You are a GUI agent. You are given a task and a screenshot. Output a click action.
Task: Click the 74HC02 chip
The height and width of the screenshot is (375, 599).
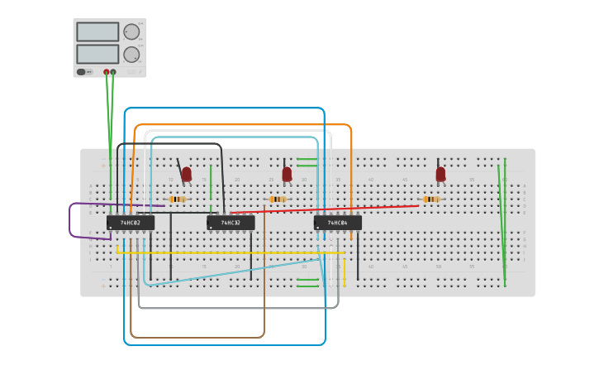(130, 223)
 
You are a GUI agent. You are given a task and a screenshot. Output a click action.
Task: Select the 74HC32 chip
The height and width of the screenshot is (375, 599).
(231, 223)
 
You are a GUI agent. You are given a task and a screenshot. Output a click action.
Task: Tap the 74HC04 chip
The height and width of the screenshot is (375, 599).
(337, 223)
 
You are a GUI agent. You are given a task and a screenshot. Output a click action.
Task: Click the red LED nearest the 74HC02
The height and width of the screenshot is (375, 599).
(187, 174)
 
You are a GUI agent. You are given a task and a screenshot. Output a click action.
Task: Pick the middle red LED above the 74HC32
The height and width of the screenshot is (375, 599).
(287, 174)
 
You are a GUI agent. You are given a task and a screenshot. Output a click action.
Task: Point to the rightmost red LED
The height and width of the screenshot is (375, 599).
(440, 174)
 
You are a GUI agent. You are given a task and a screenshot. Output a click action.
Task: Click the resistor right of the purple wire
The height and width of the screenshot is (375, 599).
(178, 200)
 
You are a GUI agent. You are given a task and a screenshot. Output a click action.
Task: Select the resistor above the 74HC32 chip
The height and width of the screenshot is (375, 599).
(278, 200)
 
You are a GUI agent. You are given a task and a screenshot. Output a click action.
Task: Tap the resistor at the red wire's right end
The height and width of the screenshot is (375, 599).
(430, 200)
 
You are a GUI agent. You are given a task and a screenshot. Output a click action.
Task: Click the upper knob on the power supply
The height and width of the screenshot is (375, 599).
(131, 31)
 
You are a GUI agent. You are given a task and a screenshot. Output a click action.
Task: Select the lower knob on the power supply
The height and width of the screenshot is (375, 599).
(131, 54)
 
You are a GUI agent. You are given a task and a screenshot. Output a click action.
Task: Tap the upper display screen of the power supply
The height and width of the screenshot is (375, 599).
(97, 31)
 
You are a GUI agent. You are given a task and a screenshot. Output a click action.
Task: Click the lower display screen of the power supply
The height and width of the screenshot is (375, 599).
(97, 54)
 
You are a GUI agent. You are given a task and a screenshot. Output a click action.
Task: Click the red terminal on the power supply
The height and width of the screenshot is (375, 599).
(107, 72)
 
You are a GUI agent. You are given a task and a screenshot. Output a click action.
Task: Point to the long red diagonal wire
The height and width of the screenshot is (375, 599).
(330, 210)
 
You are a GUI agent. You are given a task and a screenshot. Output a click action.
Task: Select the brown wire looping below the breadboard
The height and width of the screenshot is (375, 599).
(198, 338)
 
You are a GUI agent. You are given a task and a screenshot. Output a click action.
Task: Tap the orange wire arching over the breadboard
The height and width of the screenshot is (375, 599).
(240, 125)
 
